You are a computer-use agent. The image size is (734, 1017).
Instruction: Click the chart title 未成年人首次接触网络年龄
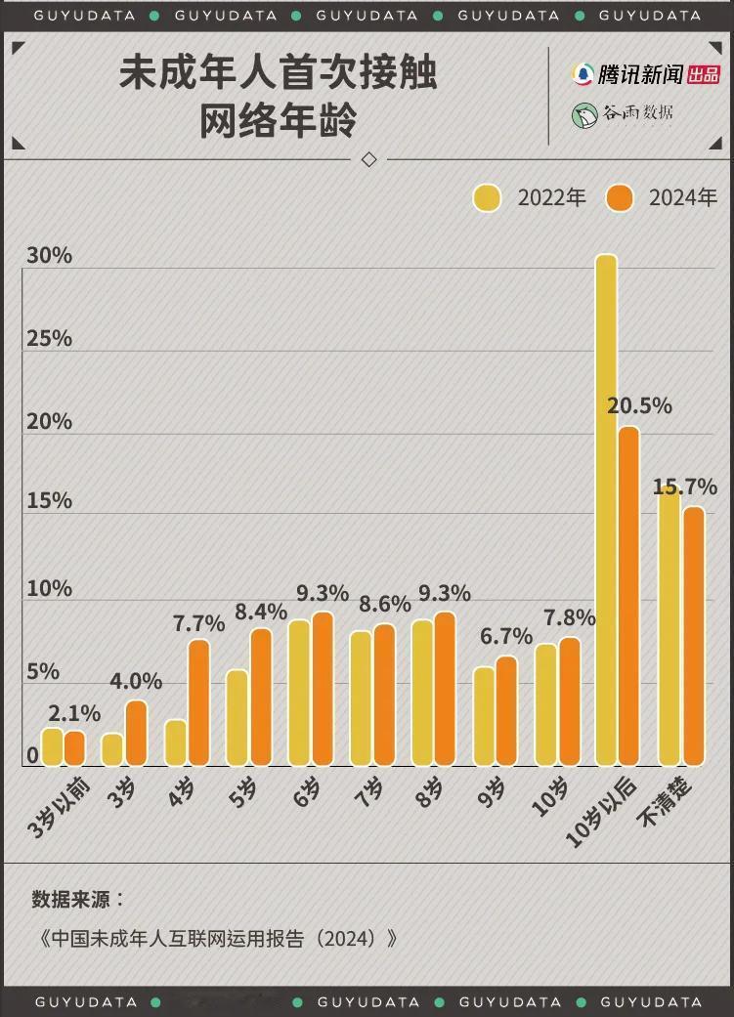pos(278,99)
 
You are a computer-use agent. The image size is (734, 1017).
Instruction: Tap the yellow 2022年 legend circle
pos(487,197)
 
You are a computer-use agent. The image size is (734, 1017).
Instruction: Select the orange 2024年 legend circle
pos(619,197)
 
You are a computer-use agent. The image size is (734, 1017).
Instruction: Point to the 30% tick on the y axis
pos(49,256)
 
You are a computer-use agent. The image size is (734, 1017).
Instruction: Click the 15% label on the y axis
pos(49,500)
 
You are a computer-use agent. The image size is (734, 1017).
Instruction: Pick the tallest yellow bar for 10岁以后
pos(607,508)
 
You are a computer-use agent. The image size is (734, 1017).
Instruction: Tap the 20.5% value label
pos(639,405)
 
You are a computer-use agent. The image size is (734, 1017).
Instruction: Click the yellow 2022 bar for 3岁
pos(113,748)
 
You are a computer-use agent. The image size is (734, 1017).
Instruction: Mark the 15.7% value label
pos(685,486)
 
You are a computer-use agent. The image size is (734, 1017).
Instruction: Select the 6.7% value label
pos(506,637)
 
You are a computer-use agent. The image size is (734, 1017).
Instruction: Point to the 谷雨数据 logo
pos(624,113)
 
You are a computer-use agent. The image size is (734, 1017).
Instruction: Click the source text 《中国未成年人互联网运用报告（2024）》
pos(219,939)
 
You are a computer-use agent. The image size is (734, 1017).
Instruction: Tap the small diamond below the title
pos(368,159)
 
